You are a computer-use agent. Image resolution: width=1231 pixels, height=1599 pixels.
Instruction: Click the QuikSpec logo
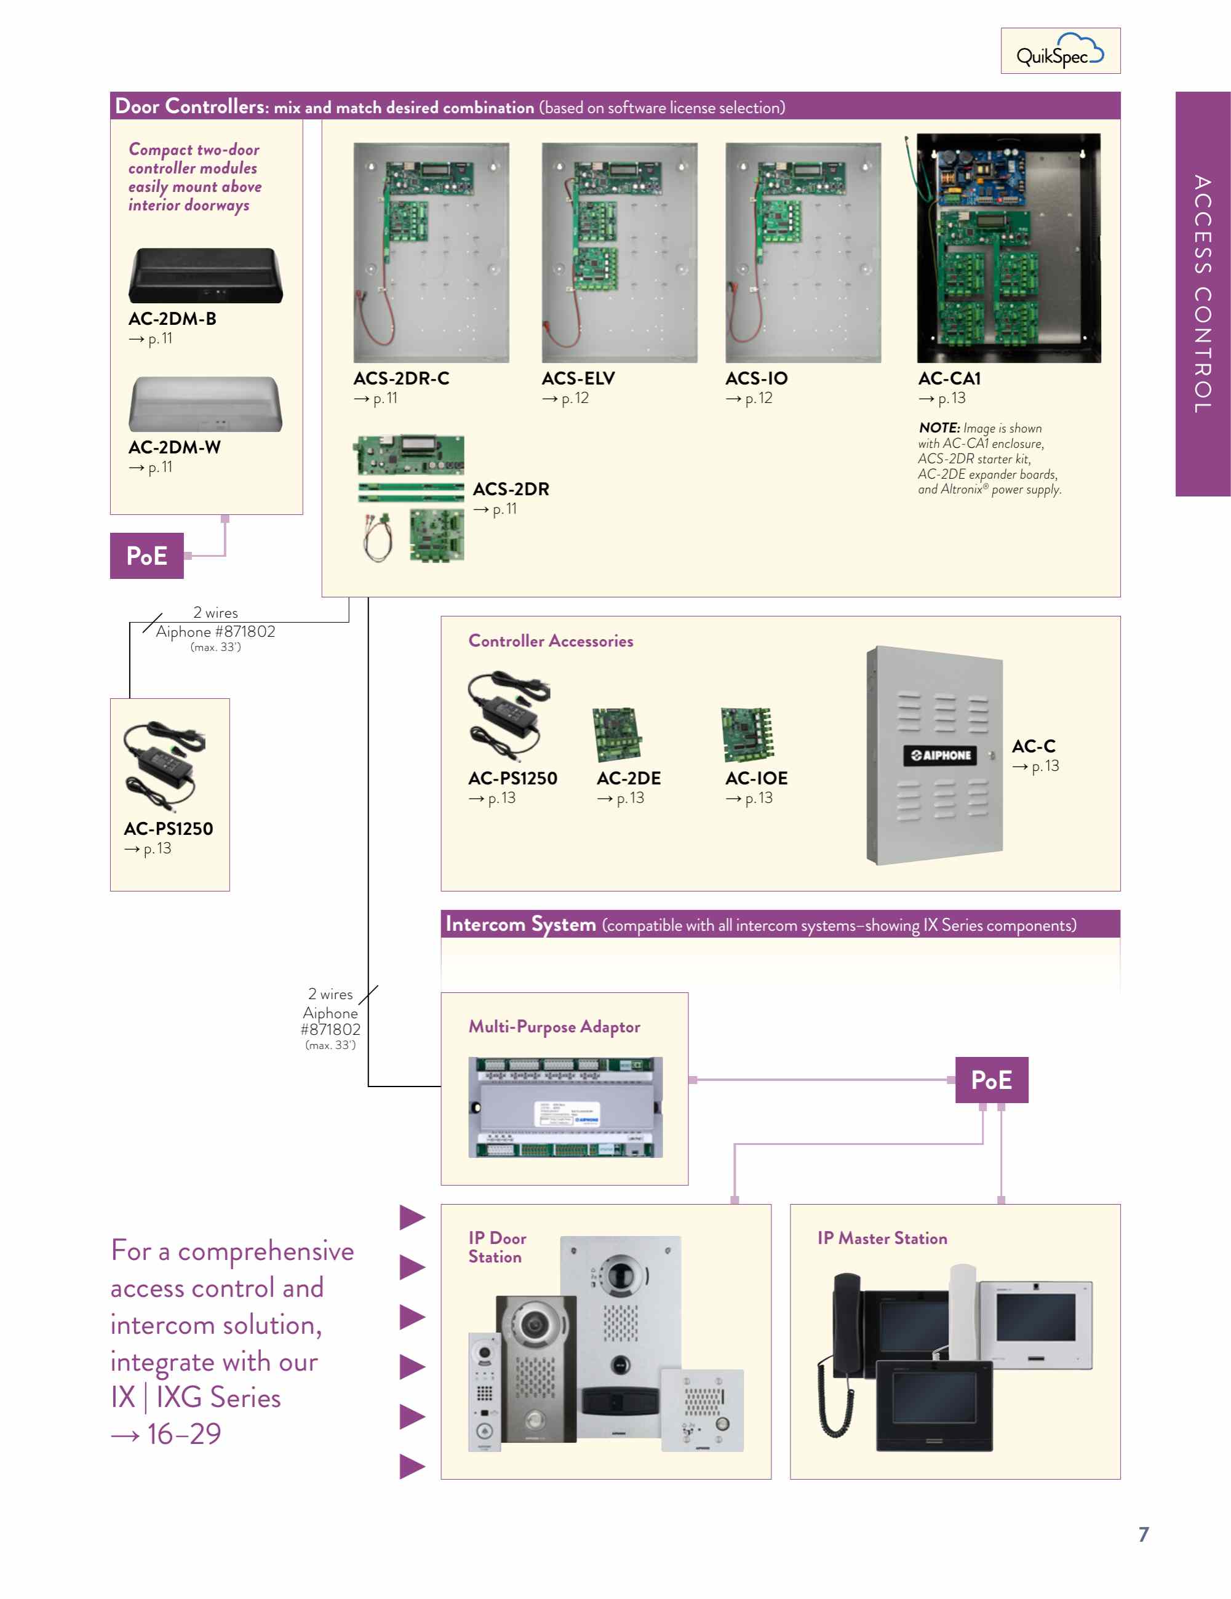tap(1059, 51)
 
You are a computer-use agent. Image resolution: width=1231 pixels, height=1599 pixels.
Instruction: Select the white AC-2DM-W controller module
tap(205, 404)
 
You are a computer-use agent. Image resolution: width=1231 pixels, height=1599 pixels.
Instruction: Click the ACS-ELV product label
tap(578, 378)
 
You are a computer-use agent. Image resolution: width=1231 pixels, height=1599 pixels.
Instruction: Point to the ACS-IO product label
tap(755, 378)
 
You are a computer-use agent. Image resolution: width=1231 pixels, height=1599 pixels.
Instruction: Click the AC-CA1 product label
tap(949, 378)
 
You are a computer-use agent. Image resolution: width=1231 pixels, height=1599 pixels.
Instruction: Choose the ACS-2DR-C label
tap(401, 378)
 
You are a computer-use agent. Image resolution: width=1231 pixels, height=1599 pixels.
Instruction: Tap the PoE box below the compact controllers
tap(146, 556)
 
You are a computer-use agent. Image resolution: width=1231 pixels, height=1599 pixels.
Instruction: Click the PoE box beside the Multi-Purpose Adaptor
tap(991, 1080)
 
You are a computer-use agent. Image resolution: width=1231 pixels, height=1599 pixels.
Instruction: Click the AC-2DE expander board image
tap(616, 735)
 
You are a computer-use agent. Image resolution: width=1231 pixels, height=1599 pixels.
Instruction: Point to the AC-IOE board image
tap(746, 735)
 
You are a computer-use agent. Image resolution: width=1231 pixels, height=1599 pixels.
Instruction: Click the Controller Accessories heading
tap(551, 640)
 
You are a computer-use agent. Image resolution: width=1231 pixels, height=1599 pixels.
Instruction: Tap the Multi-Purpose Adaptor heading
tap(554, 1026)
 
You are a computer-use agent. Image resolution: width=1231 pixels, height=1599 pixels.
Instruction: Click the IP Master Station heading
tap(882, 1238)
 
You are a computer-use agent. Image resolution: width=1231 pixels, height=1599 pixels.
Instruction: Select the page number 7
tap(1143, 1534)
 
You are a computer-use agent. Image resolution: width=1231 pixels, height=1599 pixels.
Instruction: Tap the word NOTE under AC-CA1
tap(939, 428)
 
